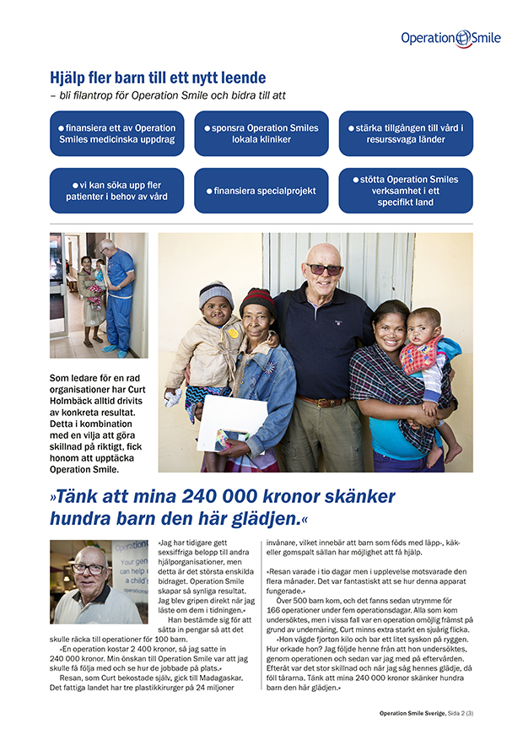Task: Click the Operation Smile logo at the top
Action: [x=450, y=38]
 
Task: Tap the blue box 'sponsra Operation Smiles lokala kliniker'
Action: [x=261, y=133]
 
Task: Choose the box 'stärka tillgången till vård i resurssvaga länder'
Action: [x=406, y=133]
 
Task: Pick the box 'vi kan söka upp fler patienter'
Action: [x=116, y=191]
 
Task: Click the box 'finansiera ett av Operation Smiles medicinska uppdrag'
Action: [x=116, y=133]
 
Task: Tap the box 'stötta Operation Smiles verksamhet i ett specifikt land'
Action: [x=406, y=191]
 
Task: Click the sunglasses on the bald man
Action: [x=323, y=269]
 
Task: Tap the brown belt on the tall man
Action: [x=323, y=400]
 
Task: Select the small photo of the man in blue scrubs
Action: [x=99, y=295]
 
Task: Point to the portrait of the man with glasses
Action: [x=99, y=582]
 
